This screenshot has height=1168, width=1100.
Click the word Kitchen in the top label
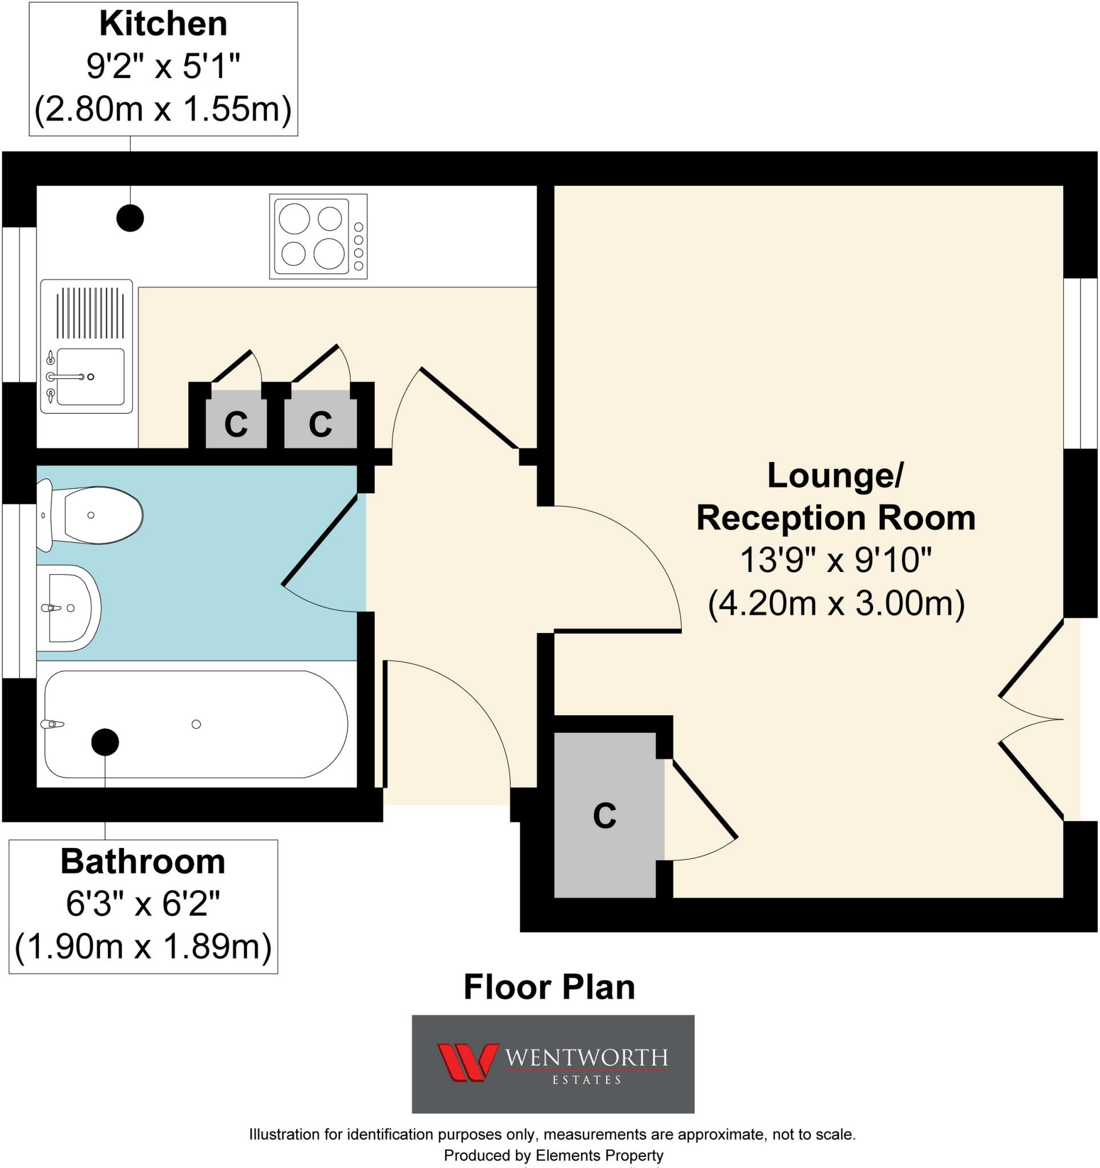[x=163, y=25]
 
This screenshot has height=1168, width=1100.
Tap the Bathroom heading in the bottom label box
[x=143, y=862]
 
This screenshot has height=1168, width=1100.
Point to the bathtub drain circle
[x=196, y=724]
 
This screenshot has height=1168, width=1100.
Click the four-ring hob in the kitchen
[x=318, y=236]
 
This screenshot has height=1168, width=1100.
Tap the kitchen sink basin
[x=90, y=376]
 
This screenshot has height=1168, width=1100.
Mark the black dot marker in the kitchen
[x=130, y=218]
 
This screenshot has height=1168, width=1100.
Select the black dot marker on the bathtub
[x=105, y=742]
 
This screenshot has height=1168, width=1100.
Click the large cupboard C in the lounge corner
[x=605, y=816]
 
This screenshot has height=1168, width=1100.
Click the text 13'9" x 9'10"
[x=836, y=560]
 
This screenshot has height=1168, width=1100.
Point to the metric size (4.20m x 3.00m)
[x=836, y=603]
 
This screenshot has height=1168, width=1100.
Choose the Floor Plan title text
[x=549, y=987]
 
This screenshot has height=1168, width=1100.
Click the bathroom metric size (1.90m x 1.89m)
[x=143, y=947]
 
